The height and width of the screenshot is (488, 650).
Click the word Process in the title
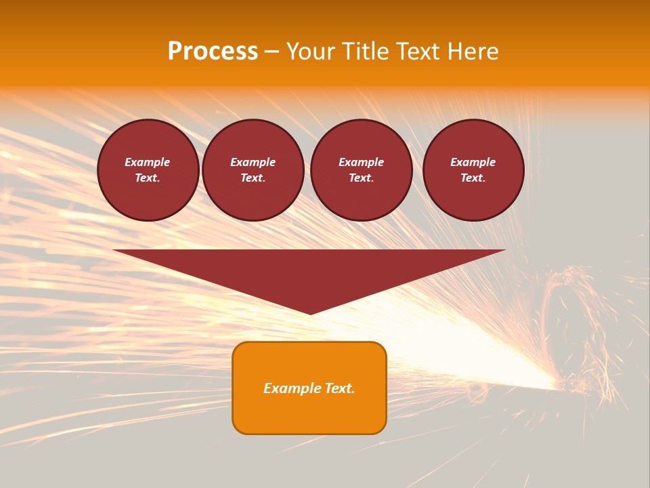[213, 52]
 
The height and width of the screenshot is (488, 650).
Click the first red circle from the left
[148, 170]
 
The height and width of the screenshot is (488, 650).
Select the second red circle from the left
[253, 170]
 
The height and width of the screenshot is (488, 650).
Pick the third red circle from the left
[362, 170]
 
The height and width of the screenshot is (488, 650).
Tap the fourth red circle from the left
[473, 170]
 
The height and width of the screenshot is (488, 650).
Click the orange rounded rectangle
[309, 388]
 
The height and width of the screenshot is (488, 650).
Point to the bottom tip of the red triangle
[309, 314]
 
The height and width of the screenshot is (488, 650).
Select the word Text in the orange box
[339, 388]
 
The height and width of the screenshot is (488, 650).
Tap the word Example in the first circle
[148, 162]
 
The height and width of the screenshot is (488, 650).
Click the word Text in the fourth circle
[473, 178]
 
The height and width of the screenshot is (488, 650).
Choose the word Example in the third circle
[362, 162]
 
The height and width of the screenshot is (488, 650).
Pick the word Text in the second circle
[253, 178]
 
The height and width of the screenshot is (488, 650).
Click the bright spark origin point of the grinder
[559, 386]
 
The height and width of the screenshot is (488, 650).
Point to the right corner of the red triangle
[505, 250]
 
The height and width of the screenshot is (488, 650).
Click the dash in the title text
[272, 52]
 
